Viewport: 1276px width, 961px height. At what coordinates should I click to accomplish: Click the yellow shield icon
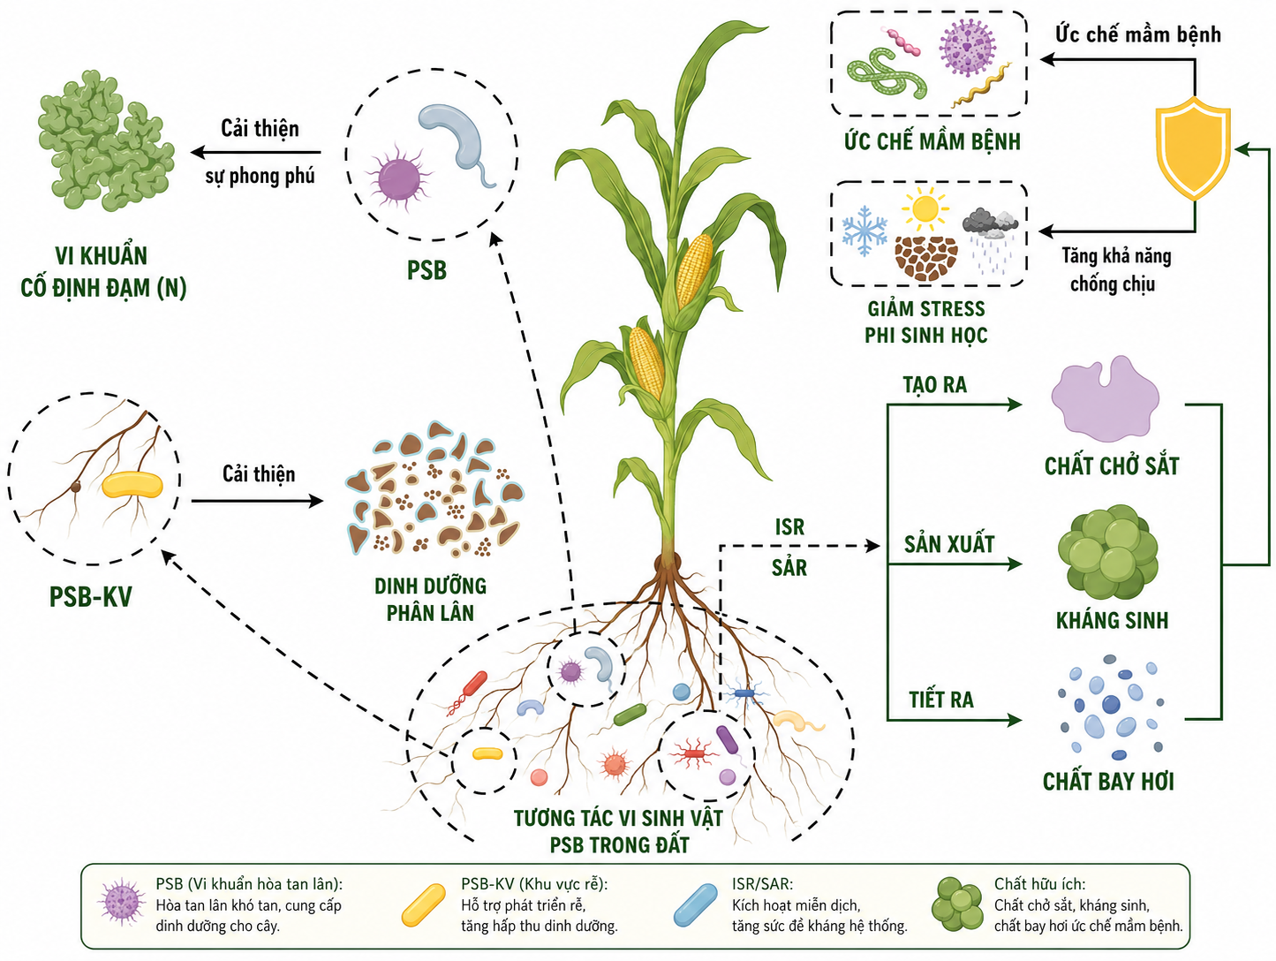1194,148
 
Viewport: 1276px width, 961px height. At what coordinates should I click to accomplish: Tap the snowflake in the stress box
865,231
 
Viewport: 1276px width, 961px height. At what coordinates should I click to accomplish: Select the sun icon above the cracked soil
925,208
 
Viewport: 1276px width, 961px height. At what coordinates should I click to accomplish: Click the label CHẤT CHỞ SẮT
1112,466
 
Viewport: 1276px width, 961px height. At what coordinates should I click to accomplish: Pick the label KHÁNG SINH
1112,620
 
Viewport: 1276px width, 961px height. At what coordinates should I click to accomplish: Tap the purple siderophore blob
1105,399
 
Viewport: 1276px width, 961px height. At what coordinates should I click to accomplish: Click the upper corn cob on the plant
694,271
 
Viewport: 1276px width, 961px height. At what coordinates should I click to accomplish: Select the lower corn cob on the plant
646,361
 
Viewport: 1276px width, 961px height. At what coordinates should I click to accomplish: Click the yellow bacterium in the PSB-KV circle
132,485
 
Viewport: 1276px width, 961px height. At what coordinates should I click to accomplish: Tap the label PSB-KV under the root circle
91,596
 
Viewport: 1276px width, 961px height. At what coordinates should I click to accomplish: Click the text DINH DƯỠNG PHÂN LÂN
431,600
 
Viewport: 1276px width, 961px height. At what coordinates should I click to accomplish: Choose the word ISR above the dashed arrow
789,527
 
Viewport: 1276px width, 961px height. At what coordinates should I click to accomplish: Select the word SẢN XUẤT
949,544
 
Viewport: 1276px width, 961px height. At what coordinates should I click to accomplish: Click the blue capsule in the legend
695,904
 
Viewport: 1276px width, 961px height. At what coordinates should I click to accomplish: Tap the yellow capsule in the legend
424,904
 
